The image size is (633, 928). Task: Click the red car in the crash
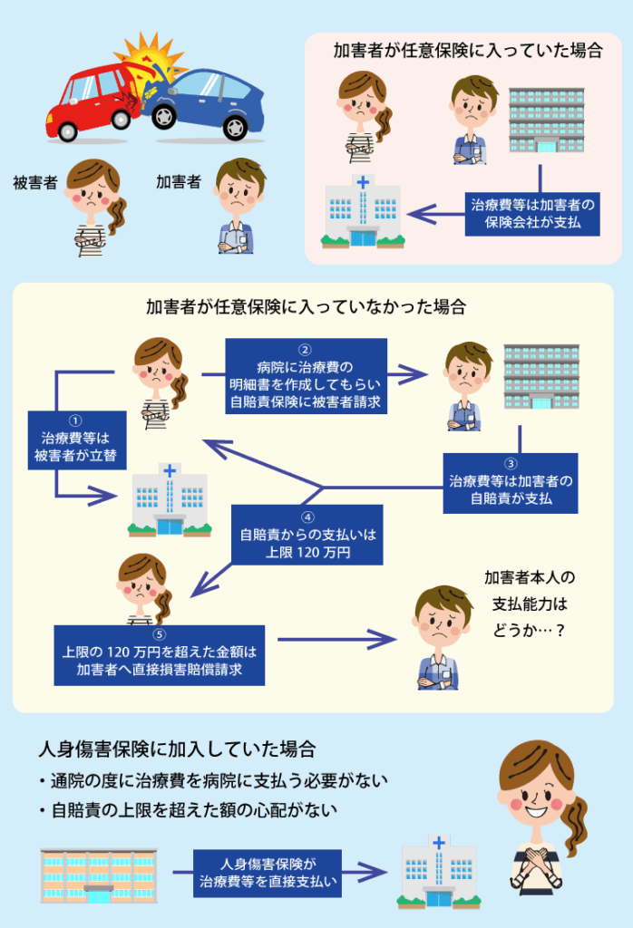click(95, 98)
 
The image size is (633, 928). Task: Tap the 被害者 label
click(35, 183)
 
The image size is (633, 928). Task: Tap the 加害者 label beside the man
click(178, 183)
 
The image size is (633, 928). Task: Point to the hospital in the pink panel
click(363, 213)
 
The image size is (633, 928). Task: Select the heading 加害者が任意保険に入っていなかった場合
click(306, 306)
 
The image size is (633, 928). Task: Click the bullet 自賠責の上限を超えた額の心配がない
click(189, 810)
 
